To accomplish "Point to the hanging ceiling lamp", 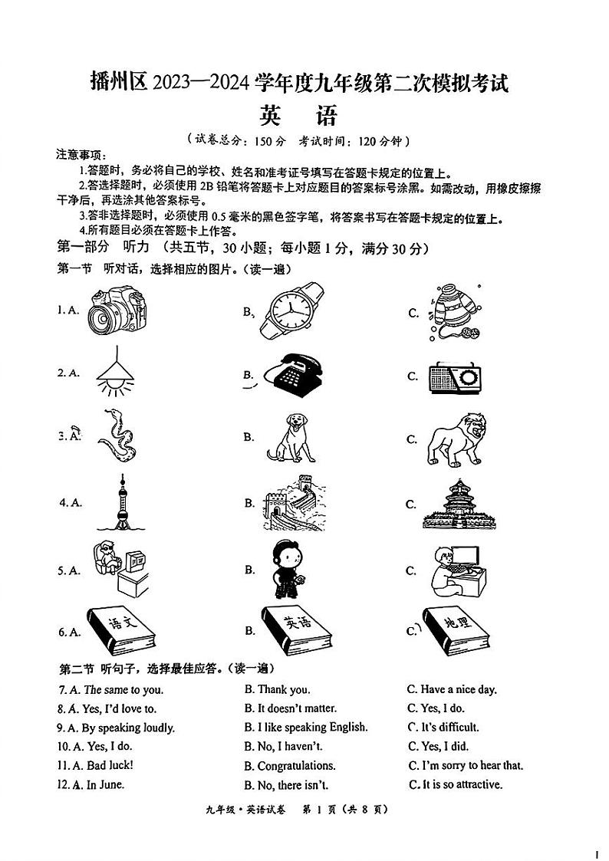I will tap(114, 373).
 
